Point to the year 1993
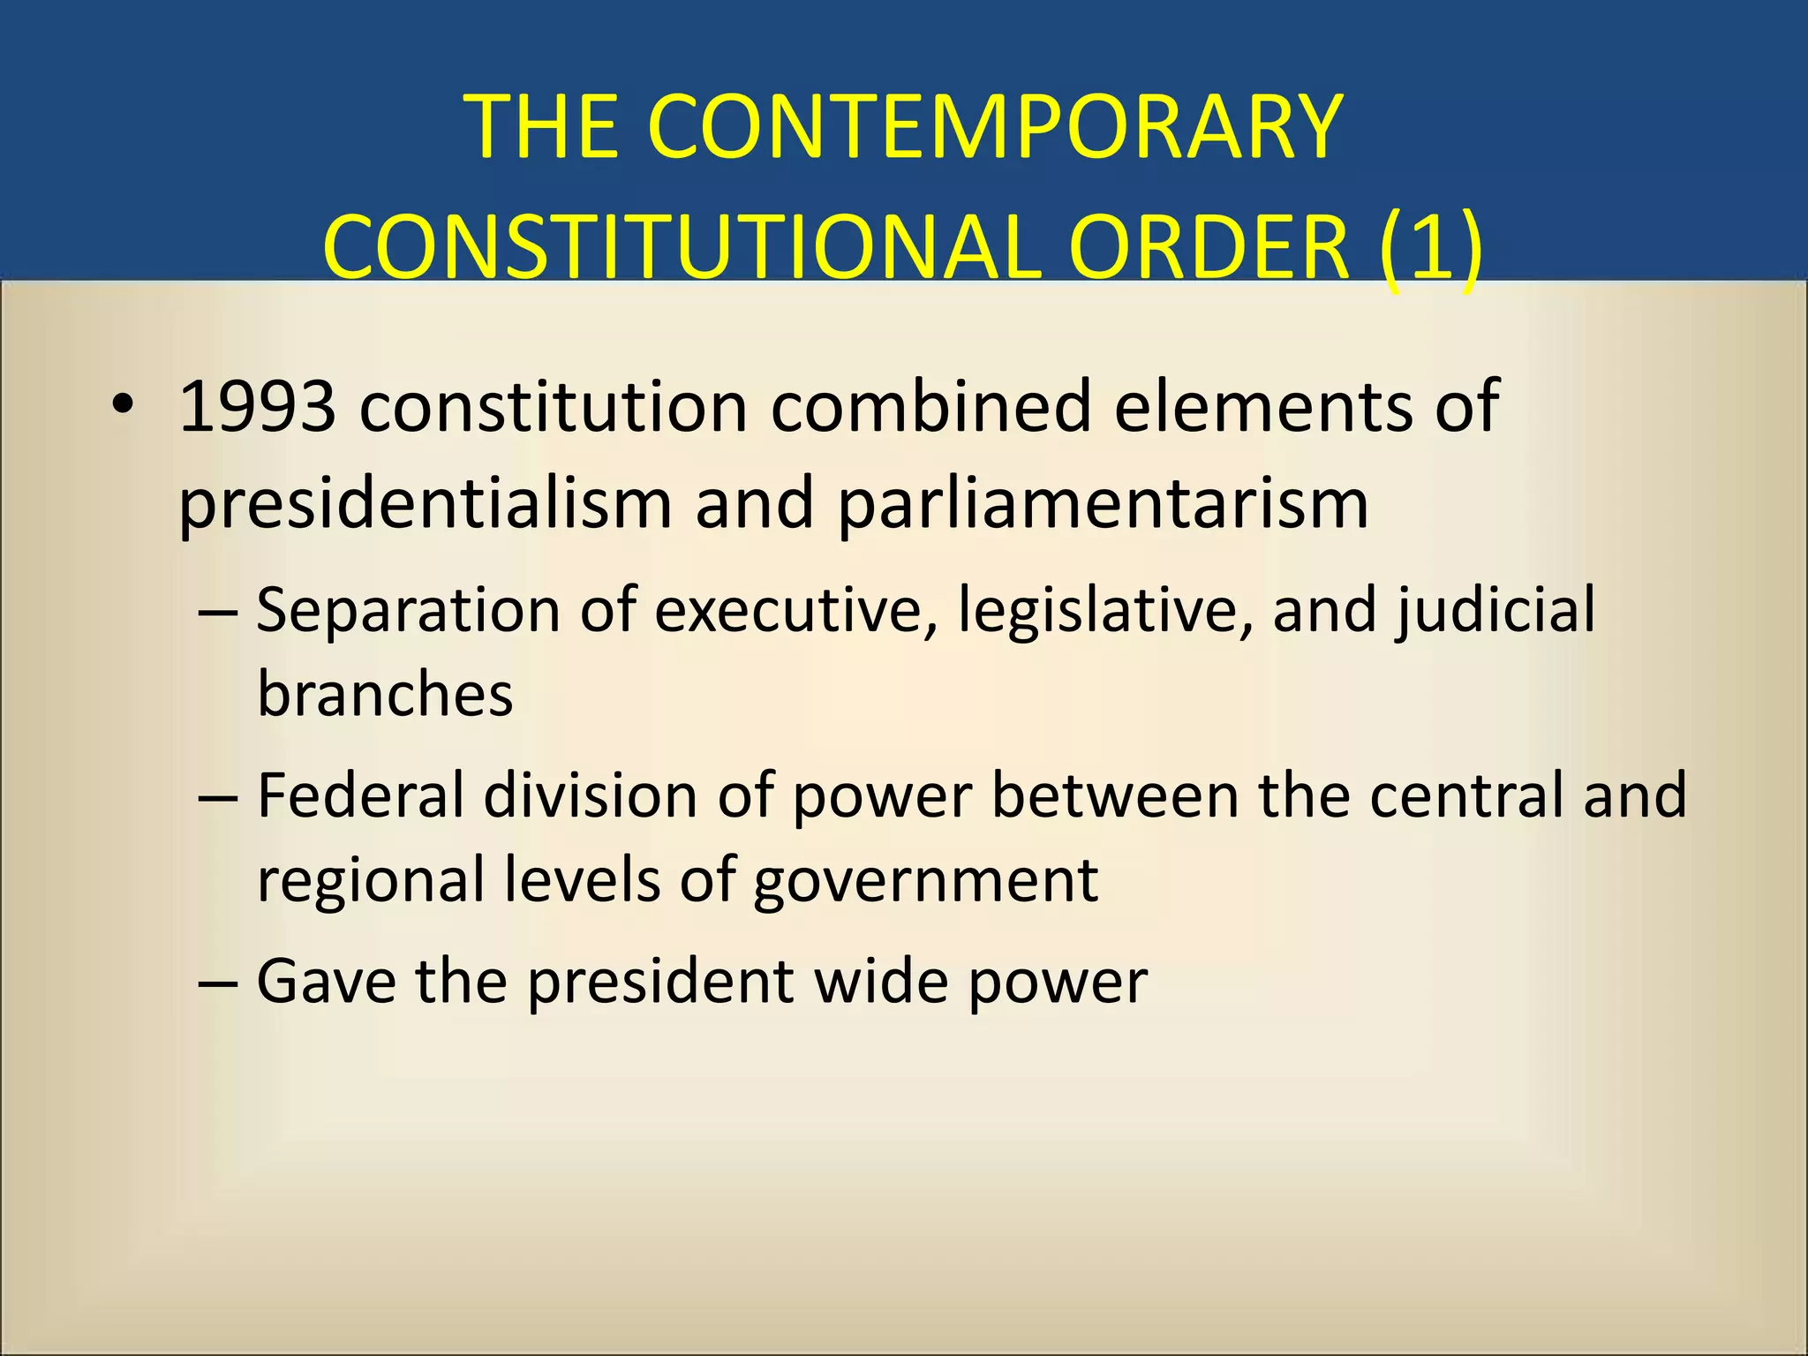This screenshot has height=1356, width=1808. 257,406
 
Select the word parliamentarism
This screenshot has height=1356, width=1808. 1103,503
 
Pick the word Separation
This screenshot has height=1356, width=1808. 409,610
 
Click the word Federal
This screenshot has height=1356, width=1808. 360,795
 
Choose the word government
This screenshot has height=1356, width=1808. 926,880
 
